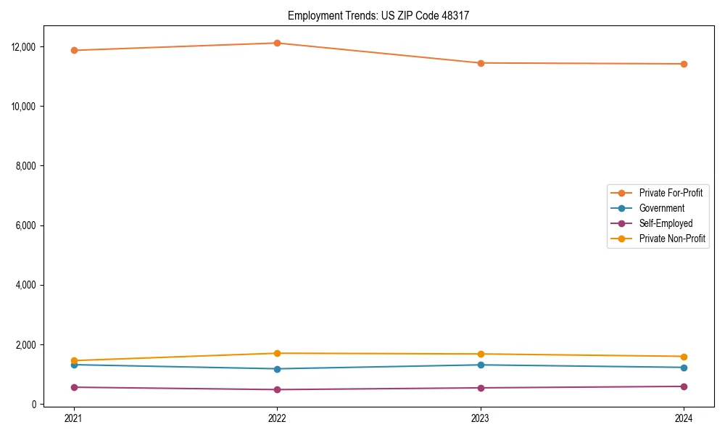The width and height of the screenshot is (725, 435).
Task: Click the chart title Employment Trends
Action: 378,15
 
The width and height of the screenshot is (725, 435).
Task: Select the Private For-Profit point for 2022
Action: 277,43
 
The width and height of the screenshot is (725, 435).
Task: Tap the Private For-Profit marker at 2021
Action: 74,50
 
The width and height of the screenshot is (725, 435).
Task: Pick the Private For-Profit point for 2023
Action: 481,63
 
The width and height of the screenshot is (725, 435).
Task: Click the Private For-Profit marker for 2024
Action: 684,64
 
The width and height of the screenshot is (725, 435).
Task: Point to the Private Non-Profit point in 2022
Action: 277,353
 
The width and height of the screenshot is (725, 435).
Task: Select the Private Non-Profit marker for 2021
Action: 74,360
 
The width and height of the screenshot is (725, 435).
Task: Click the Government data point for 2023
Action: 481,365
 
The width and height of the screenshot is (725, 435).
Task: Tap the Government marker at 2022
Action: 277,369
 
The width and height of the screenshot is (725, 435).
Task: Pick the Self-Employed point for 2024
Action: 684,386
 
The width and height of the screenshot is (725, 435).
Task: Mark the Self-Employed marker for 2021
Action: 74,387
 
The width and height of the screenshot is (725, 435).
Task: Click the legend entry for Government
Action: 661,208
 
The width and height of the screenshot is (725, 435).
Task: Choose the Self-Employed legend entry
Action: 666,223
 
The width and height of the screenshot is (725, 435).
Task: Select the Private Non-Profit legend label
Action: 672,239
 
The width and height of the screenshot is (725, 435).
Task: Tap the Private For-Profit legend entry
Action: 671,193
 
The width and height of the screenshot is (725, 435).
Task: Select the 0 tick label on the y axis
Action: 34,405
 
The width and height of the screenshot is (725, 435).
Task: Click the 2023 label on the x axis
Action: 481,418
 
